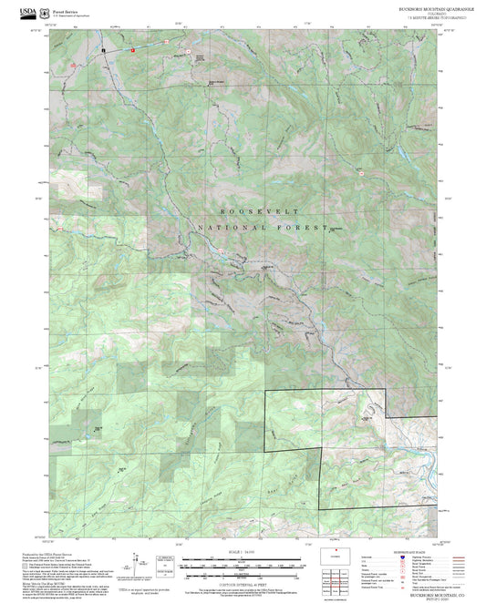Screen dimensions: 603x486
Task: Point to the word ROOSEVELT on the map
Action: click(243, 210)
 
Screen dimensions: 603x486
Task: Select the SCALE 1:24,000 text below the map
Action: click(242, 552)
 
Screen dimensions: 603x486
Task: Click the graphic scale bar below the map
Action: click(241, 567)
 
